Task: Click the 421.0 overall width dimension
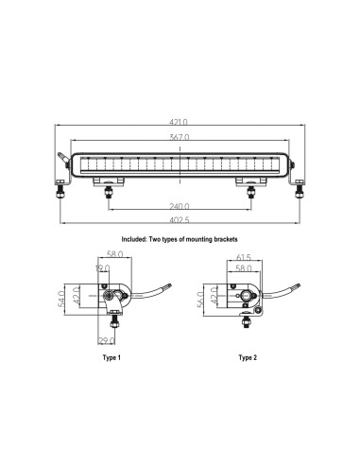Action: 180,122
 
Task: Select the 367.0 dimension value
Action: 180,138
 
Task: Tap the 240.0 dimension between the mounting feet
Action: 180,206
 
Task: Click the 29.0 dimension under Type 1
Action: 108,340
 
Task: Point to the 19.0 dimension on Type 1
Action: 101,269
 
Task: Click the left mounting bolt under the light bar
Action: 111,194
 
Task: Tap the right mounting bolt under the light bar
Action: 250,194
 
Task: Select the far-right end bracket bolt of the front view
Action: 299,193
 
